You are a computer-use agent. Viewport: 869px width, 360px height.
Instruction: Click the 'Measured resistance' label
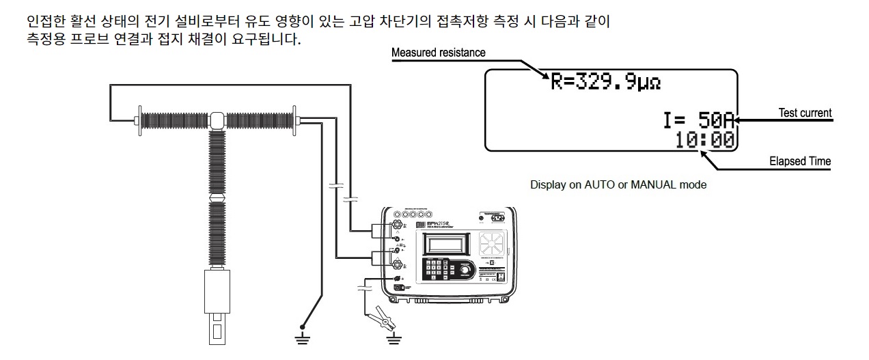click(438, 53)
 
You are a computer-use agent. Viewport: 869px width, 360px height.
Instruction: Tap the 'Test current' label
click(805, 113)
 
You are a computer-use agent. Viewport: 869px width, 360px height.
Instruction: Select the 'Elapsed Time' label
click(800, 162)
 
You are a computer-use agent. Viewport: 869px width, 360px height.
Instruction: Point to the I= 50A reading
click(698, 120)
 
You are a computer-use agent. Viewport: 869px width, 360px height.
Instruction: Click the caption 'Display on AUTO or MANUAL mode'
click(618, 185)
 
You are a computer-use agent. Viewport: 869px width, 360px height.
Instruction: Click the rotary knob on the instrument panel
click(465, 271)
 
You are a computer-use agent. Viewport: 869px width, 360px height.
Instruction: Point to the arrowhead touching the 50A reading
click(740, 121)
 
